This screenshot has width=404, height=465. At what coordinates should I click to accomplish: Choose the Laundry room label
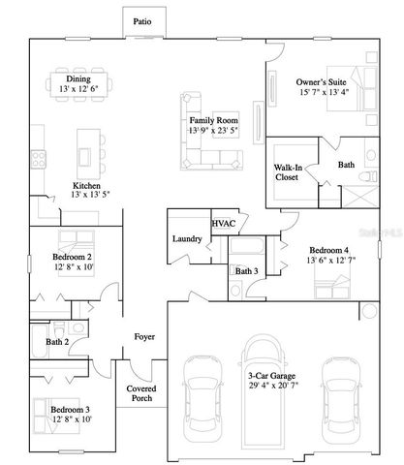187,238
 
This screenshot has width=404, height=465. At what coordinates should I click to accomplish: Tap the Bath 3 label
247,270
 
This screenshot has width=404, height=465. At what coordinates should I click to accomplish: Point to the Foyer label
144,336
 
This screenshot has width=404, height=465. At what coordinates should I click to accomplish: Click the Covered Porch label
142,392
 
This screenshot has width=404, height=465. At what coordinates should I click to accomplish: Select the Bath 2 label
56,341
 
